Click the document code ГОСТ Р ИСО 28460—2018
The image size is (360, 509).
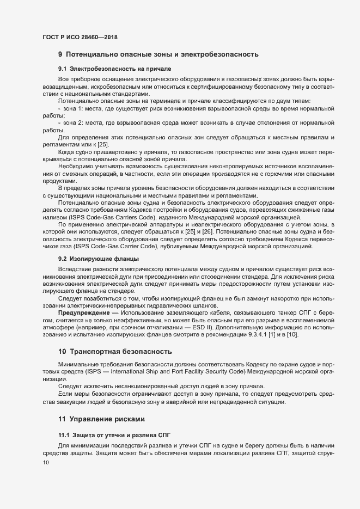point(80,37)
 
